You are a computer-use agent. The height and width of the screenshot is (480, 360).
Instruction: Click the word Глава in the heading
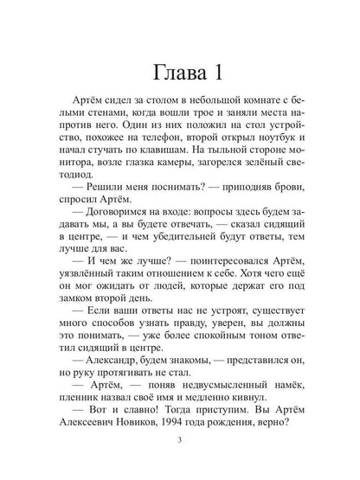[164, 67]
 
